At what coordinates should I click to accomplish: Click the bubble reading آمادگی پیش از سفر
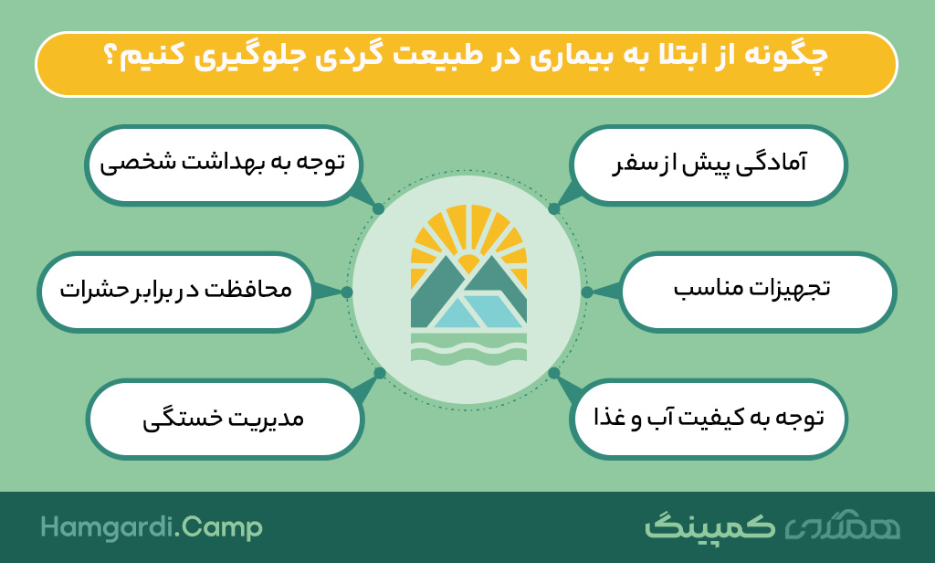[709, 165]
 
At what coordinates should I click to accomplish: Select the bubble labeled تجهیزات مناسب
[757, 292]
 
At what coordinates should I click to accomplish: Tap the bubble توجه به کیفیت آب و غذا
[709, 419]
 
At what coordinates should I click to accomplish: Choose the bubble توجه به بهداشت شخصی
[224, 165]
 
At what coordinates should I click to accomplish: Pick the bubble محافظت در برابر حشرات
[176, 292]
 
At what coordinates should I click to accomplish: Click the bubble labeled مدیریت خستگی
[225, 419]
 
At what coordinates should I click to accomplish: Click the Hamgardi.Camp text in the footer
[152, 527]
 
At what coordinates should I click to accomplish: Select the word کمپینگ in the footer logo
[709, 526]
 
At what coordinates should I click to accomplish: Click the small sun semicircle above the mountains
[468, 263]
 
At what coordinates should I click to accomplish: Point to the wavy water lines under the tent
[468, 347]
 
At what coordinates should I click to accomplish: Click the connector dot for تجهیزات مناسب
[587, 292]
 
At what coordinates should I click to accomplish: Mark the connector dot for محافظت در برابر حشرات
[346, 292]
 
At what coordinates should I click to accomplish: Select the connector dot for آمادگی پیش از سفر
[554, 209]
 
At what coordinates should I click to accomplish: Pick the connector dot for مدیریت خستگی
[379, 374]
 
